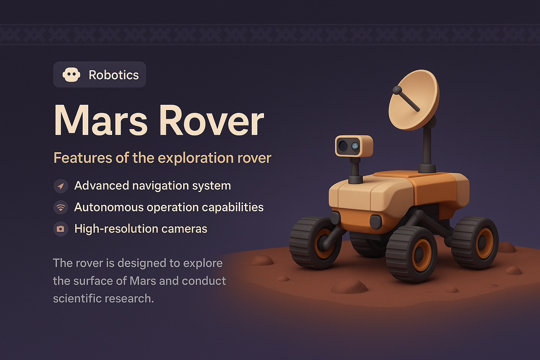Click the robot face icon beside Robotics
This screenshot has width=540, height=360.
(x=71, y=75)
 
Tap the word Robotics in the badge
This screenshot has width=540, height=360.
(x=114, y=75)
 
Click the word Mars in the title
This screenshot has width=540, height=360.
(x=101, y=120)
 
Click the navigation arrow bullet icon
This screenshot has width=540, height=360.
(x=61, y=186)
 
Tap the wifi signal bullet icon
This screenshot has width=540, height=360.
(x=61, y=207)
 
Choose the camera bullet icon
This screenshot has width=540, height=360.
(x=61, y=229)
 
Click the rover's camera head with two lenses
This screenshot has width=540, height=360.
(x=354, y=146)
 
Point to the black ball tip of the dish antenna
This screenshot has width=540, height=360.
(x=397, y=90)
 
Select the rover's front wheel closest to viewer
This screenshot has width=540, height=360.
(x=411, y=254)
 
